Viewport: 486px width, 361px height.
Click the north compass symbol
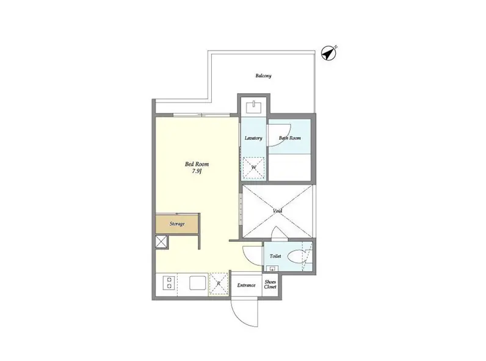tap(328, 53)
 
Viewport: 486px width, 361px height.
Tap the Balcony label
tap(264, 76)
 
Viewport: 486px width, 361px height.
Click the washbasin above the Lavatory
tap(254, 107)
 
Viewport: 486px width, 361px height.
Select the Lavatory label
tap(253, 138)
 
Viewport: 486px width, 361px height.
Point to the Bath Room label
tap(290, 138)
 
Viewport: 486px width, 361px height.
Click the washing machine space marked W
tap(254, 168)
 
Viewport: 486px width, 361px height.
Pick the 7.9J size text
tap(197, 171)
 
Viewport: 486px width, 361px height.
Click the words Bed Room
tap(197, 164)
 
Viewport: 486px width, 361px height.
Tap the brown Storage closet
tap(177, 224)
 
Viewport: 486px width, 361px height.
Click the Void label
tap(277, 211)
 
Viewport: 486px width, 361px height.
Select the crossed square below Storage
tap(161, 242)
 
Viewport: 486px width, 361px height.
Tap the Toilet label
tap(275, 256)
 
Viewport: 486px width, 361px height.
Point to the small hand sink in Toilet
tap(273, 268)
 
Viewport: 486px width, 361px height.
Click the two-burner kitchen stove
tap(169, 283)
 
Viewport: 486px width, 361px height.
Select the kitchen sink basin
tap(198, 282)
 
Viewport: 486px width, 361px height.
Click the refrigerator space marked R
tap(219, 284)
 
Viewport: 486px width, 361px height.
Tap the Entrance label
tap(247, 285)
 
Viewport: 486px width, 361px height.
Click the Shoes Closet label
tap(270, 284)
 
